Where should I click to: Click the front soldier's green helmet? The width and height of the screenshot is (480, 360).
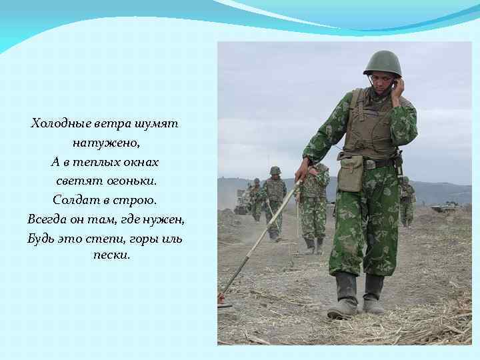383,63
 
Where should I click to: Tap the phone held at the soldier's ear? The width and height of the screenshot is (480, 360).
395,85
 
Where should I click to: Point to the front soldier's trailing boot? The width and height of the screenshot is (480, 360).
374,293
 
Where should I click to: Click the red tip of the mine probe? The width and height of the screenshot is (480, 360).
221,298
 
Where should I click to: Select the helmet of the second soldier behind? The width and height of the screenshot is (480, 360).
275,171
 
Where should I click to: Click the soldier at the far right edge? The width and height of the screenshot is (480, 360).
406,200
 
